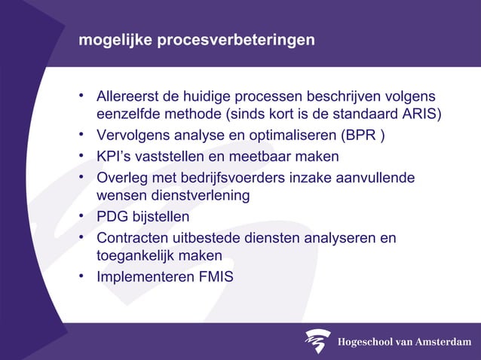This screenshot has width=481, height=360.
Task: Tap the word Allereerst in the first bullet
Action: [128, 98]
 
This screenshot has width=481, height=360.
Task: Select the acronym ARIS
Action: [422, 115]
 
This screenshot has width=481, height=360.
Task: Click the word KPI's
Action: [114, 157]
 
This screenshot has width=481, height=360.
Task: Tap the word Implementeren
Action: [140, 276]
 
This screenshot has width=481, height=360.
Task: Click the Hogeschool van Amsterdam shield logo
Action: [317, 340]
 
